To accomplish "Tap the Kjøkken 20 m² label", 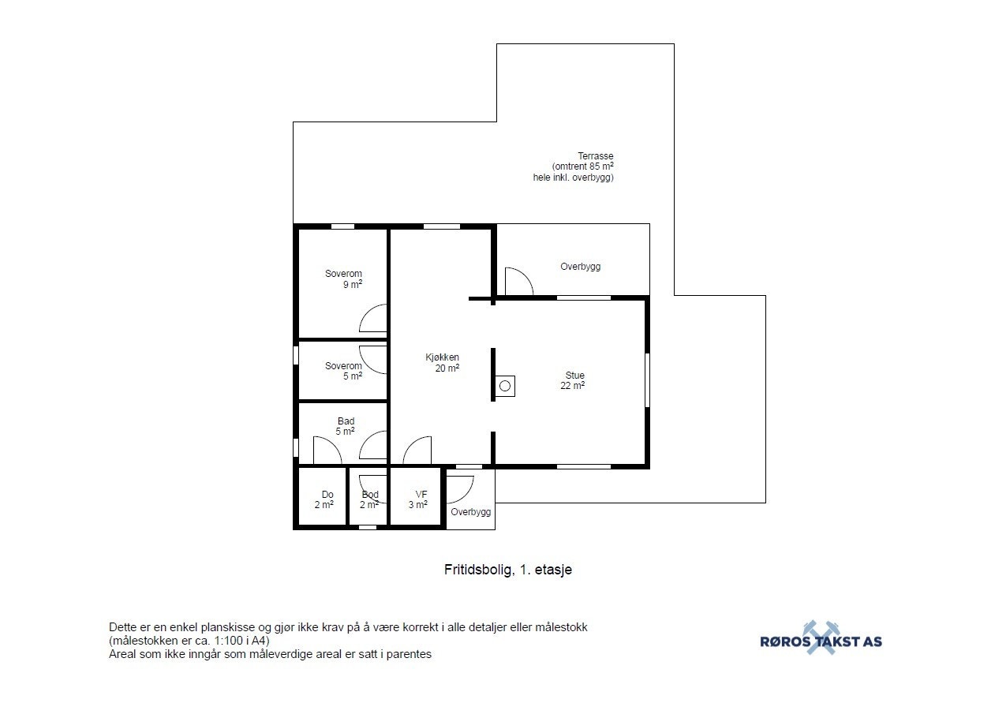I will [x=442, y=363].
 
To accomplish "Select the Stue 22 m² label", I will [x=574, y=380].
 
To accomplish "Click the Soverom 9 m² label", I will [x=344, y=279].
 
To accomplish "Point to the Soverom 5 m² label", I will [x=344, y=371].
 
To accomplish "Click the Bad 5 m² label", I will [x=346, y=426].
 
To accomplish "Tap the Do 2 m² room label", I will [x=324, y=500].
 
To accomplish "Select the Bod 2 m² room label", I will [x=369, y=500].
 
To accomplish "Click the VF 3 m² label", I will [x=419, y=500].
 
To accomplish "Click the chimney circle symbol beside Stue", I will [x=504, y=386].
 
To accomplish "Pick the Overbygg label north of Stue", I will [x=580, y=267].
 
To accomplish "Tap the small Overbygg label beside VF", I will [x=470, y=512].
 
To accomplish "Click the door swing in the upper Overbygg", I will [x=518, y=282].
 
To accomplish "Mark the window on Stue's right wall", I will [x=647, y=380].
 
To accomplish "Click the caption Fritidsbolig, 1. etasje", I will [x=507, y=570].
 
